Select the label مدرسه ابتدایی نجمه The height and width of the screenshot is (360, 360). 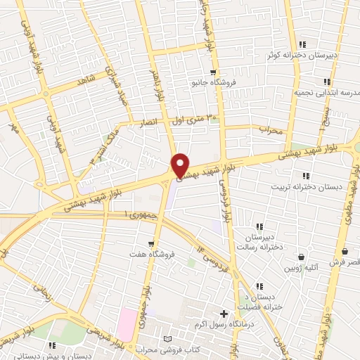pos(307,92)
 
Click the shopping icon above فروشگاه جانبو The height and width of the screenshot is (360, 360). pos(212,72)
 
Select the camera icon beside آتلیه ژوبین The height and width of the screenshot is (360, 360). pos(302,257)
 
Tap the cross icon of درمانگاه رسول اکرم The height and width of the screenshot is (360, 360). pos(224,314)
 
